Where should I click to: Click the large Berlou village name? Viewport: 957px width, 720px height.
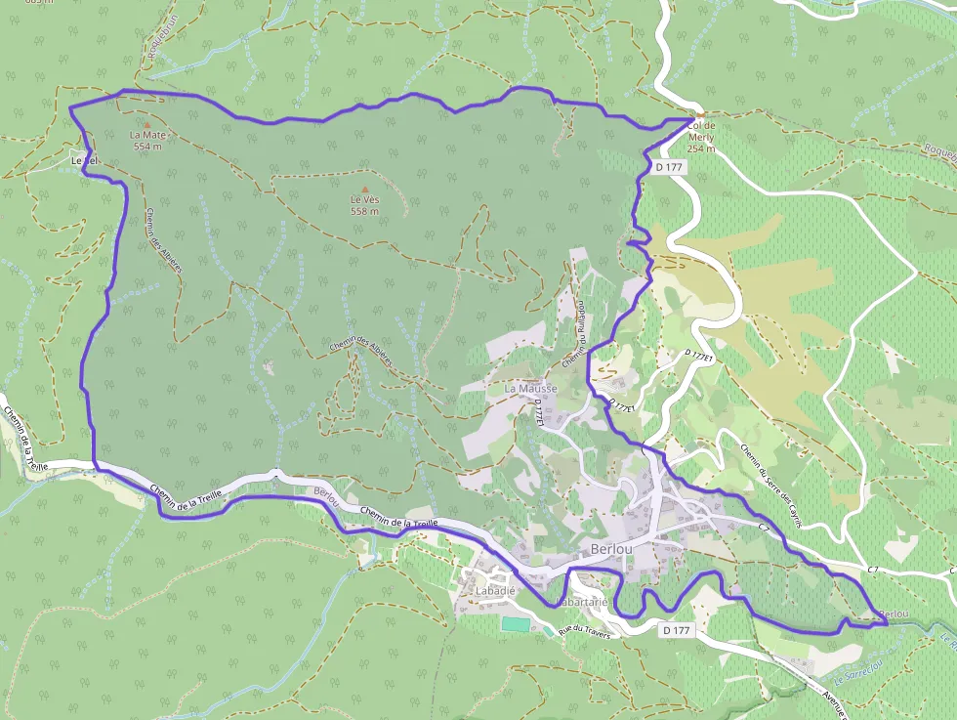[611, 549]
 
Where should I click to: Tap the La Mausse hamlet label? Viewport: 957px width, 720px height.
[530, 388]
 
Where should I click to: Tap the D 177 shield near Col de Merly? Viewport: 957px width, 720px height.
[669, 167]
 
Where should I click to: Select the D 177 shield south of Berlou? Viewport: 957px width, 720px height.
[676, 630]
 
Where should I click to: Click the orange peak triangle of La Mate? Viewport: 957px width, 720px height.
[146, 125]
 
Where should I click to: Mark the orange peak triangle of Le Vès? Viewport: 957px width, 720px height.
[365, 190]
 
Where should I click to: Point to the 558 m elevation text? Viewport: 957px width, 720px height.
[364, 211]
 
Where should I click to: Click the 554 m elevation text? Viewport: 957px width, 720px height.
[147, 146]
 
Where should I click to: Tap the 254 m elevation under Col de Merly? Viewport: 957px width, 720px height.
[701, 148]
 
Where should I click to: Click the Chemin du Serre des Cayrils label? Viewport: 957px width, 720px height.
[770, 487]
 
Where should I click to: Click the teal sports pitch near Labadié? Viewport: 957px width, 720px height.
[514, 623]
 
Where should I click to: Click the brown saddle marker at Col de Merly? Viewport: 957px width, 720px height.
[700, 115]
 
